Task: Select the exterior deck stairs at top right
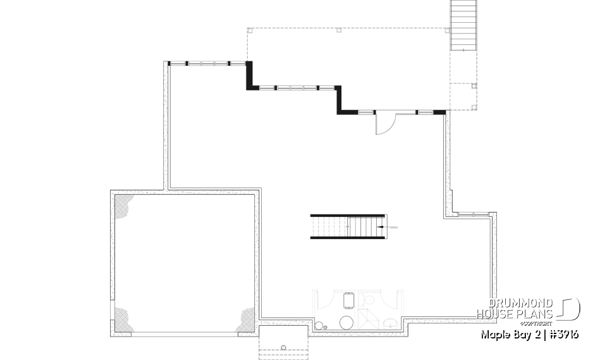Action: (x=462, y=25)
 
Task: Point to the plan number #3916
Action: (x=563, y=334)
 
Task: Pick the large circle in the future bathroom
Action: (x=347, y=323)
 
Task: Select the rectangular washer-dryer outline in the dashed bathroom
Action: (x=348, y=299)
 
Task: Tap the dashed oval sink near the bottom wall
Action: (x=392, y=323)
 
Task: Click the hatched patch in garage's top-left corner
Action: (x=123, y=205)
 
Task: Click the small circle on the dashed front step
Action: (x=284, y=347)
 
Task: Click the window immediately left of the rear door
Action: (x=366, y=112)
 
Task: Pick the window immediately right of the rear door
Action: (x=424, y=112)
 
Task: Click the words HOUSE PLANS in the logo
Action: (x=515, y=314)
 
